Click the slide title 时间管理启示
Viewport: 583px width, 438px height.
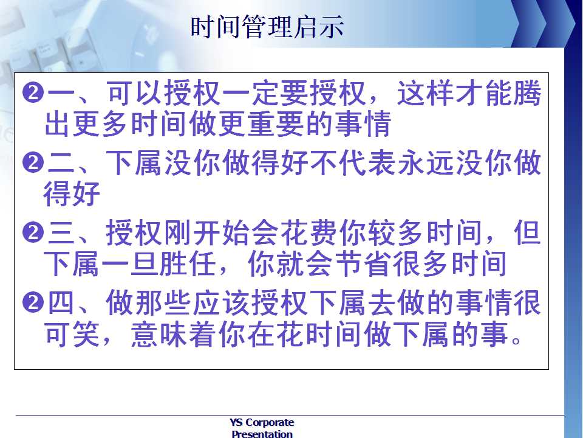pos(267,27)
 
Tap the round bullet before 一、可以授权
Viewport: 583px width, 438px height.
pos(33,92)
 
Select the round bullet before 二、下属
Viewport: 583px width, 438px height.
pos(33,163)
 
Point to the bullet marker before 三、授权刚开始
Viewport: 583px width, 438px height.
pos(33,232)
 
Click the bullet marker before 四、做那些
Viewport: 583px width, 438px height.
pos(33,302)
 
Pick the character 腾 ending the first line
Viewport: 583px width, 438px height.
pos(528,93)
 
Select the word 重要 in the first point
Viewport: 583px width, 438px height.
pos(276,124)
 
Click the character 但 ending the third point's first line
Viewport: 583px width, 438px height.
pos(528,232)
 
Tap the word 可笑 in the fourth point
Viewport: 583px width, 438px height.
pos(72,334)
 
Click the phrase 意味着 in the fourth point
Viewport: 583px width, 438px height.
pos(174,334)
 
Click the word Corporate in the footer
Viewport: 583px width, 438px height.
pos(270,422)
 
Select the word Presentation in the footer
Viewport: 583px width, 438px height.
pos(262,434)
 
